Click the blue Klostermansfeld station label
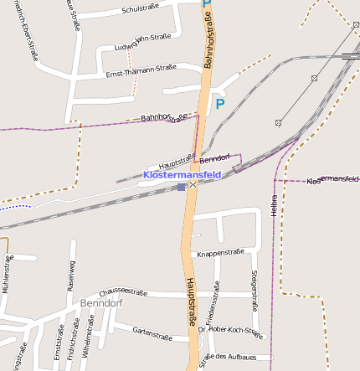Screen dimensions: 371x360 (x=182, y=174)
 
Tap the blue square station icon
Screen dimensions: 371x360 (x=181, y=187)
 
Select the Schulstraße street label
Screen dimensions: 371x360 (x=141, y=9)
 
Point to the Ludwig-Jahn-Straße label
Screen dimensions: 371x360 (x=142, y=40)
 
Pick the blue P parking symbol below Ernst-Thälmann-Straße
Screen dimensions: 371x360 (x=220, y=104)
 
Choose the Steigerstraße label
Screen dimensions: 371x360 (x=253, y=286)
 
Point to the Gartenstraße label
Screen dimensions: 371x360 (x=152, y=332)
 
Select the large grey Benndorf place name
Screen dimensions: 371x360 (x=101, y=302)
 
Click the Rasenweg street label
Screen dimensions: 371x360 (x=71, y=275)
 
